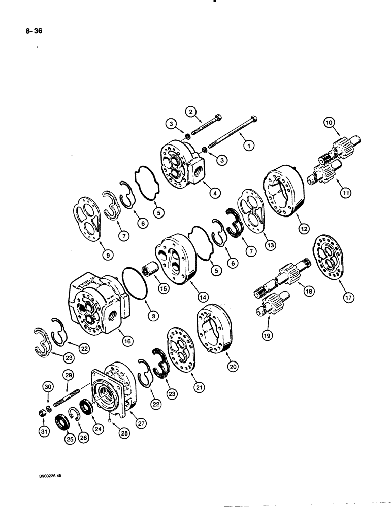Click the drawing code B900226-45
click(55, 477)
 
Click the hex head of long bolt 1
click(254, 119)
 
